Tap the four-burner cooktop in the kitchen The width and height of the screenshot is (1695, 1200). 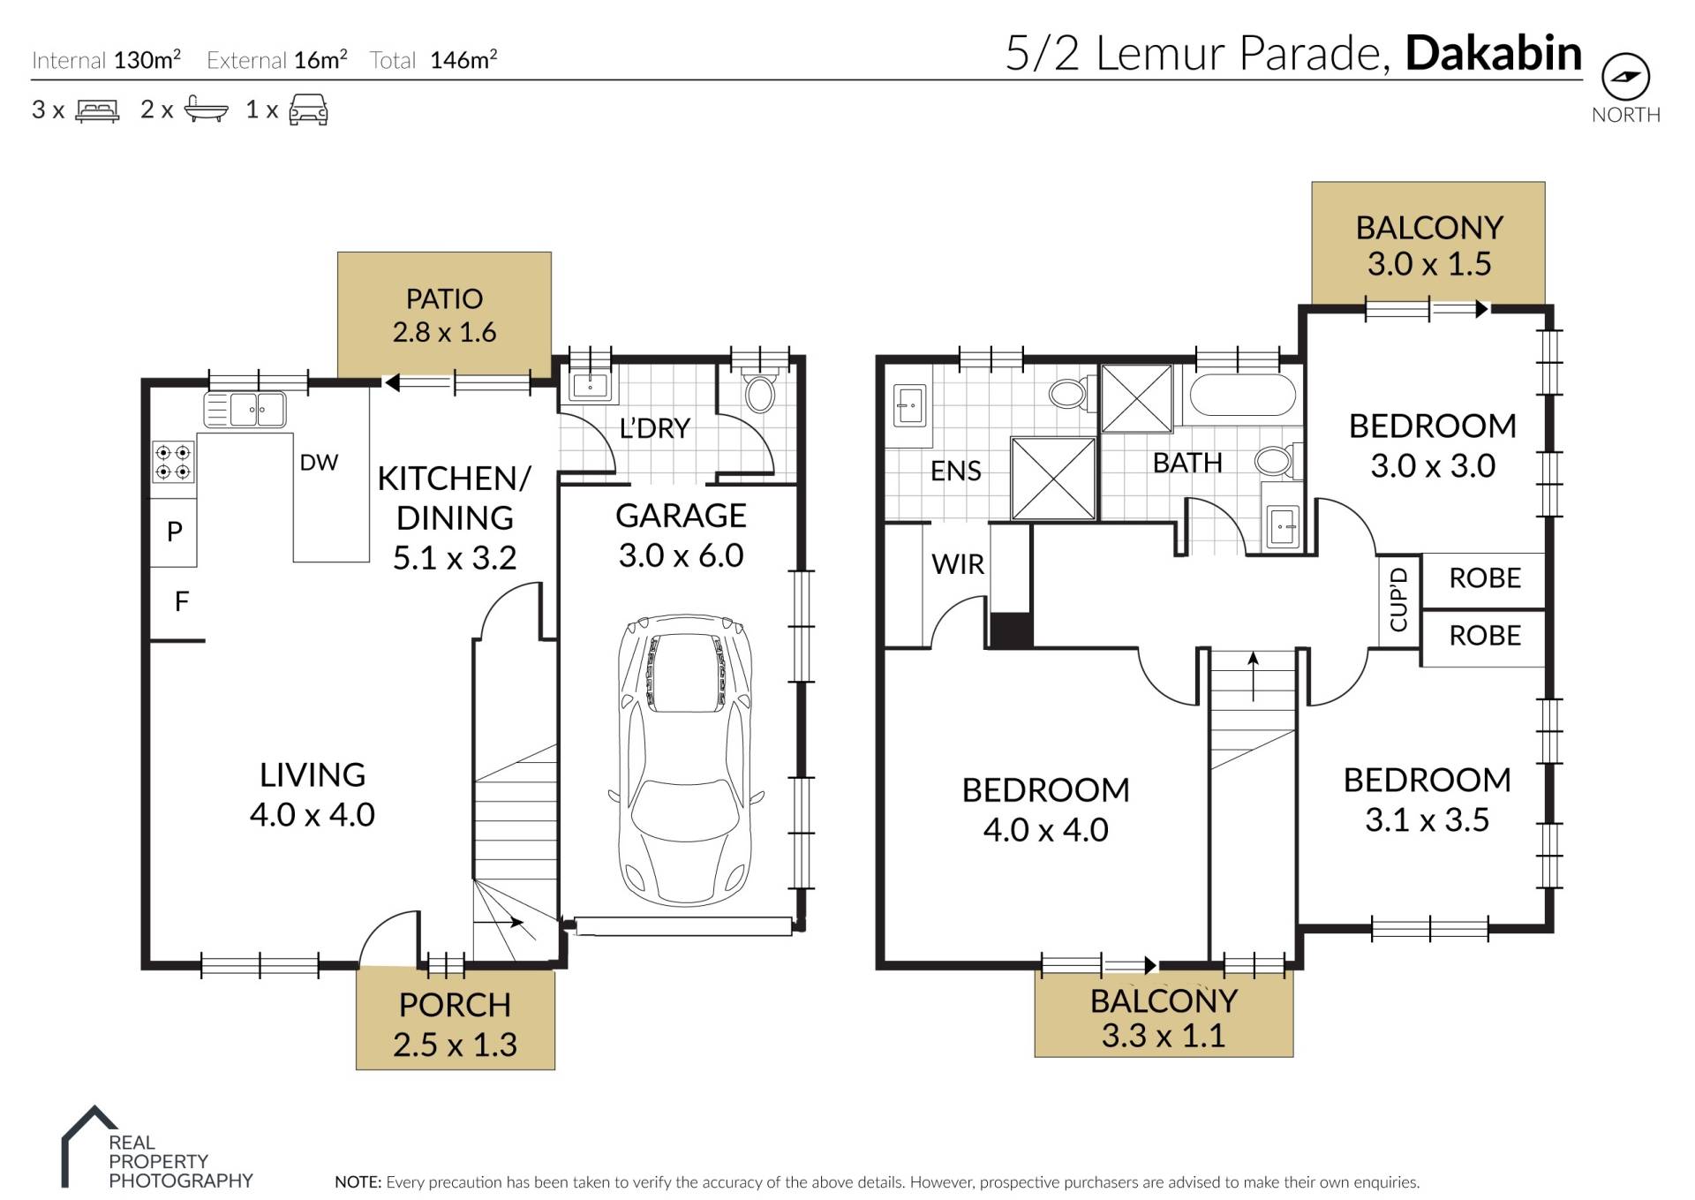(x=173, y=462)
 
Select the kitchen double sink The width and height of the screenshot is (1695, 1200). (x=245, y=410)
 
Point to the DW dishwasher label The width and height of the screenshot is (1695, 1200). (x=319, y=463)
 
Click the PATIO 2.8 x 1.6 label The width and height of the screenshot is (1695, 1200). (x=444, y=315)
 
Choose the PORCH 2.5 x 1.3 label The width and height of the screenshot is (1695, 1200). (x=455, y=1024)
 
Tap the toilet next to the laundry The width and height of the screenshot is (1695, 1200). (x=759, y=393)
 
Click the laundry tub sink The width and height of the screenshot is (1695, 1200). (x=590, y=385)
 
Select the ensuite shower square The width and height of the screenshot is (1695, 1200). (x=1053, y=479)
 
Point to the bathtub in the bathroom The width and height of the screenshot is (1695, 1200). (x=1242, y=395)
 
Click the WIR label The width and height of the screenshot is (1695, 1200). (x=958, y=563)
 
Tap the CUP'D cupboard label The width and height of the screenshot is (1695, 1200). (x=1398, y=600)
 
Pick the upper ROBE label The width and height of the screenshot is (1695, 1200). (x=1485, y=578)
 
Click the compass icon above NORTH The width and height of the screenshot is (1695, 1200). (x=1625, y=77)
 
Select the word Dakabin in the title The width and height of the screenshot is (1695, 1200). (x=1494, y=53)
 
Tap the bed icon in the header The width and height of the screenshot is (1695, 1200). (x=97, y=110)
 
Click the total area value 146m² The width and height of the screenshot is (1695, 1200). (x=463, y=59)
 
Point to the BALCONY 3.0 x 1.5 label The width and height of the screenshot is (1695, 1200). (x=1429, y=245)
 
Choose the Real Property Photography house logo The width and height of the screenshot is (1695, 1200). (x=89, y=1145)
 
